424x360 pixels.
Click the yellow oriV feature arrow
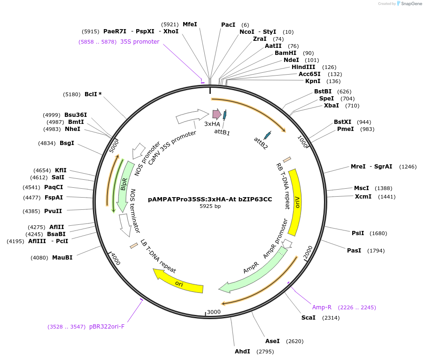pyautogui.click(x=295, y=202)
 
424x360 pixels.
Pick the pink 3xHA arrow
pyautogui.click(x=217, y=115)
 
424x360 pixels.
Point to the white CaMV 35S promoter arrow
pyautogui.click(x=192, y=116)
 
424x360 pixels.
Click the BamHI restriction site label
pyautogui.click(x=285, y=53)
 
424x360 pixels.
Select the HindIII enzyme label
pyautogui.click(x=303, y=67)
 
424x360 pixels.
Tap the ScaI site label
pyautogui.click(x=308, y=318)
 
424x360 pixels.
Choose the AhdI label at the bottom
pyautogui.click(x=242, y=352)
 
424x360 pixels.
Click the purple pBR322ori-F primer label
pyautogui.click(x=107, y=327)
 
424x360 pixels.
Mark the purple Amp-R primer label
pyautogui.click(x=322, y=307)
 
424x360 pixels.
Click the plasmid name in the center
pyautogui.click(x=210, y=199)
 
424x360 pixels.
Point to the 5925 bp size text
pyautogui.click(x=210, y=206)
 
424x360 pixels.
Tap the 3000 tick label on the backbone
pyautogui.click(x=214, y=312)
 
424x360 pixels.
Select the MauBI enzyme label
pyautogui.click(x=62, y=258)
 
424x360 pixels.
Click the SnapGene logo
pyautogui.click(x=409, y=3)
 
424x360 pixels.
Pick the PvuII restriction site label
pyautogui.click(x=53, y=211)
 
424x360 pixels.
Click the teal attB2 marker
pyautogui.click(x=268, y=135)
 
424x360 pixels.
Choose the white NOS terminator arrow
pyautogui.click(x=125, y=225)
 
